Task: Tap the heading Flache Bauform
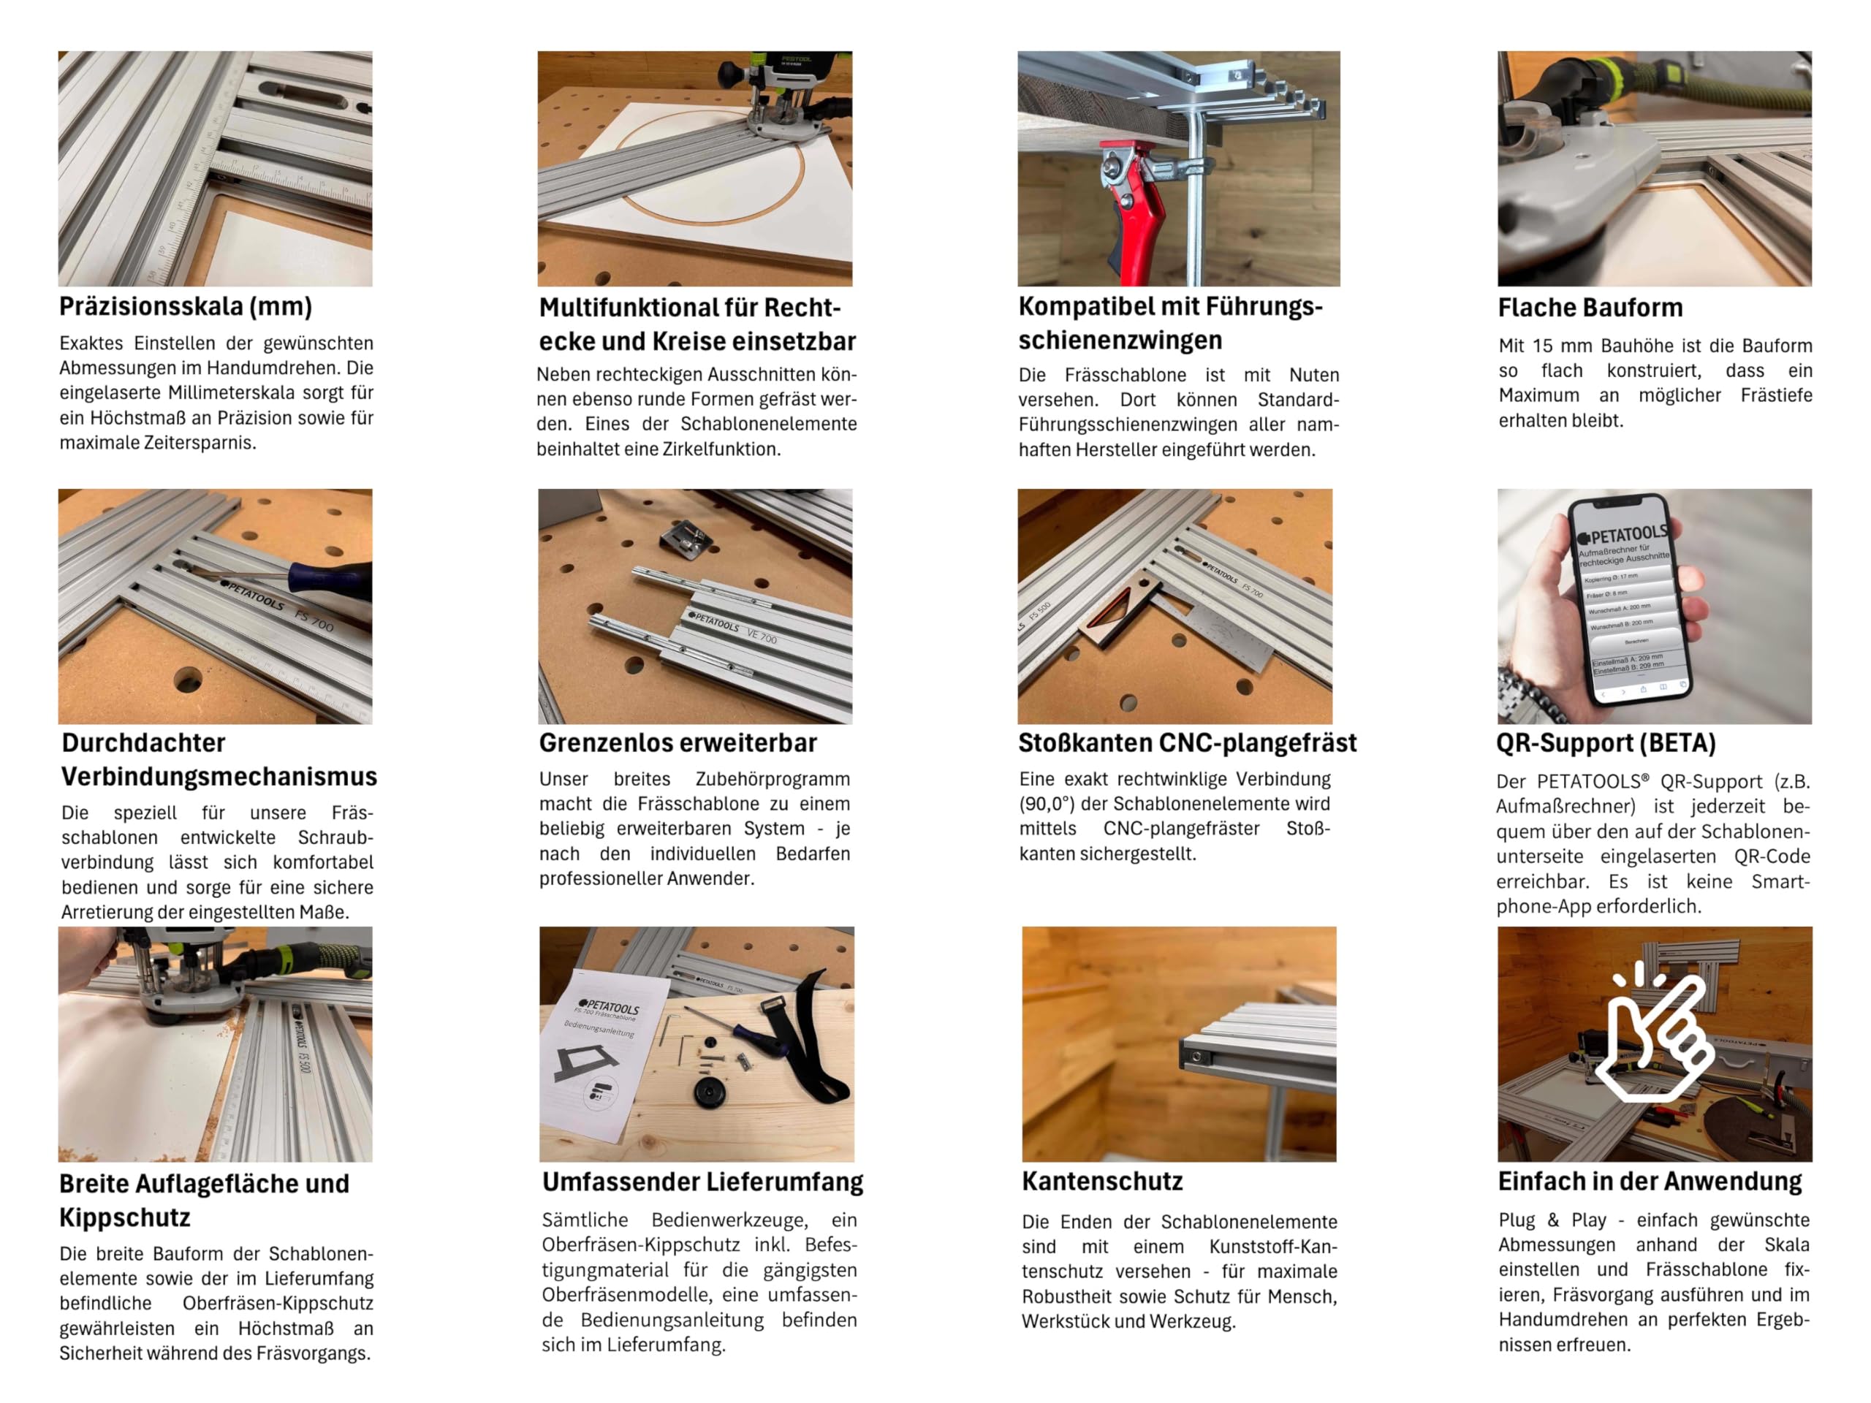point(1590,307)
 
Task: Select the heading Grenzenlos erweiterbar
point(678,742)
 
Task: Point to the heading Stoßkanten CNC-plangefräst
point(1188,742)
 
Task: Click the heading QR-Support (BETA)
point(1606,742)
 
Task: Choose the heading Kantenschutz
point(1102,1181)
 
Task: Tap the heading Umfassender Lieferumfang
point(703,1182)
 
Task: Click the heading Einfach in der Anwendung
point(1650,1181)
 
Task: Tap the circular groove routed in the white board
point(712,169)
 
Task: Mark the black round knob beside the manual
point(709,1090)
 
